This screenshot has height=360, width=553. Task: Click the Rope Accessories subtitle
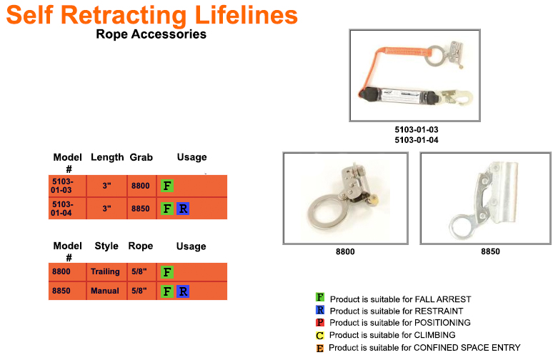tap(151, 34)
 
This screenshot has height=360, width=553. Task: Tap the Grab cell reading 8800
tap(140, 186)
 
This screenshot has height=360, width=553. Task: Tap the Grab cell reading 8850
tap(140, 209)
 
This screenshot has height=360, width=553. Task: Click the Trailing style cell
tap(106, 272)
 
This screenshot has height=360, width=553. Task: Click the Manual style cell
tap(106, 291)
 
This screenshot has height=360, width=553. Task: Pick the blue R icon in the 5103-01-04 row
tap(183, 209)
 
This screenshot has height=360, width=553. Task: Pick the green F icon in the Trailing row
tap(167, 272)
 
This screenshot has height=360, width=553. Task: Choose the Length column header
tap(107, 157)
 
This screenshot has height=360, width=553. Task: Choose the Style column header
tap(106, 246)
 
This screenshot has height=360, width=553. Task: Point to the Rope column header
tap(141, 246)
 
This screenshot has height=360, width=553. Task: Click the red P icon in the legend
tap(320, 323)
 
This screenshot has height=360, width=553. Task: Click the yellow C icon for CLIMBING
tap(320, 335)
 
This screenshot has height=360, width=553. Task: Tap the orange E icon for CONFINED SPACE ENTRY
tap(320, 348)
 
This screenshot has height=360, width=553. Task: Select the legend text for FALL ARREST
tap(400, 299)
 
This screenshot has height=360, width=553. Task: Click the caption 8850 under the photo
tap(490, 252)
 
